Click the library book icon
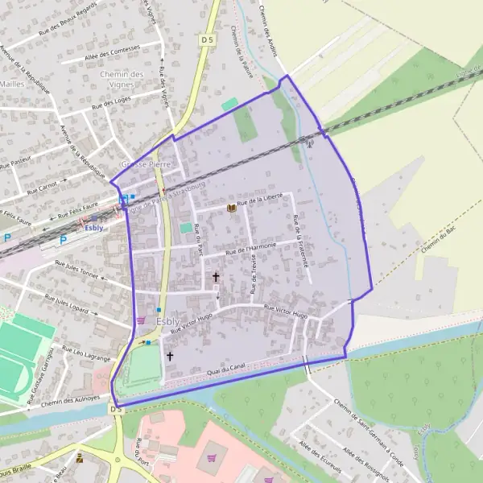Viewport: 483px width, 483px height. [x=232, y=208]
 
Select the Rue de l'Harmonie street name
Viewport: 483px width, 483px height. [x=251, y=250]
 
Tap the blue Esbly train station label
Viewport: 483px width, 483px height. [x=94, y=228]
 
